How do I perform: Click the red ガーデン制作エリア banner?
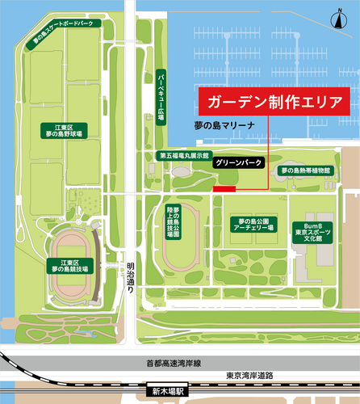tap(273, 103)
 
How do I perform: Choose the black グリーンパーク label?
tap(239, 162)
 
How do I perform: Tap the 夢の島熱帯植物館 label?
tap(305, 170)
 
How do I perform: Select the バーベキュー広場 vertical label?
tap(161, 98)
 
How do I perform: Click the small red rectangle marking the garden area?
tap(224, 189)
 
